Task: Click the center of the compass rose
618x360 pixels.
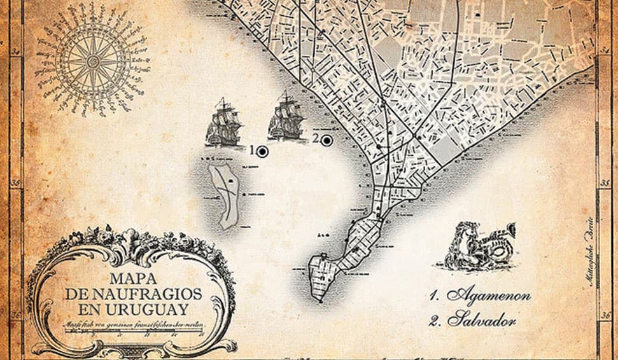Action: [x=93, y=61]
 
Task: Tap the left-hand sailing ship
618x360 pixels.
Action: [x=224, y=122]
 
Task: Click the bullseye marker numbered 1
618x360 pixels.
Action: [x=262, y=151]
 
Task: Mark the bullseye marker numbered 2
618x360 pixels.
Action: [x=327, y=141]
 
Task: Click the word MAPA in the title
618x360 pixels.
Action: [x=133, y=279]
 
